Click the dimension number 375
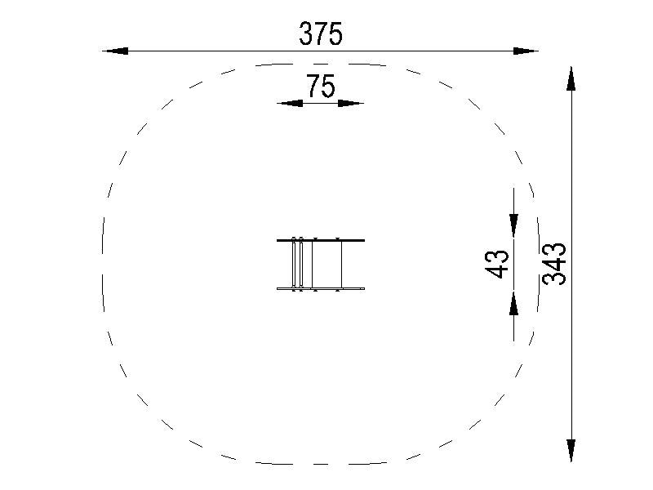coord(321,33)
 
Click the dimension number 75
coord(321,86)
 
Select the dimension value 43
coord(497,264)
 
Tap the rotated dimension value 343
coord(554,264)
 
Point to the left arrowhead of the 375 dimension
coord(115,51)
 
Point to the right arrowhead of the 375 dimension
coord(526,51)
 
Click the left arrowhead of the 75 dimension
coord(290,104)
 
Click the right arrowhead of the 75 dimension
coord(351,104)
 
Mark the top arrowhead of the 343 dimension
coord(571,78)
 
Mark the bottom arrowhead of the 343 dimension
coord(571,450)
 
